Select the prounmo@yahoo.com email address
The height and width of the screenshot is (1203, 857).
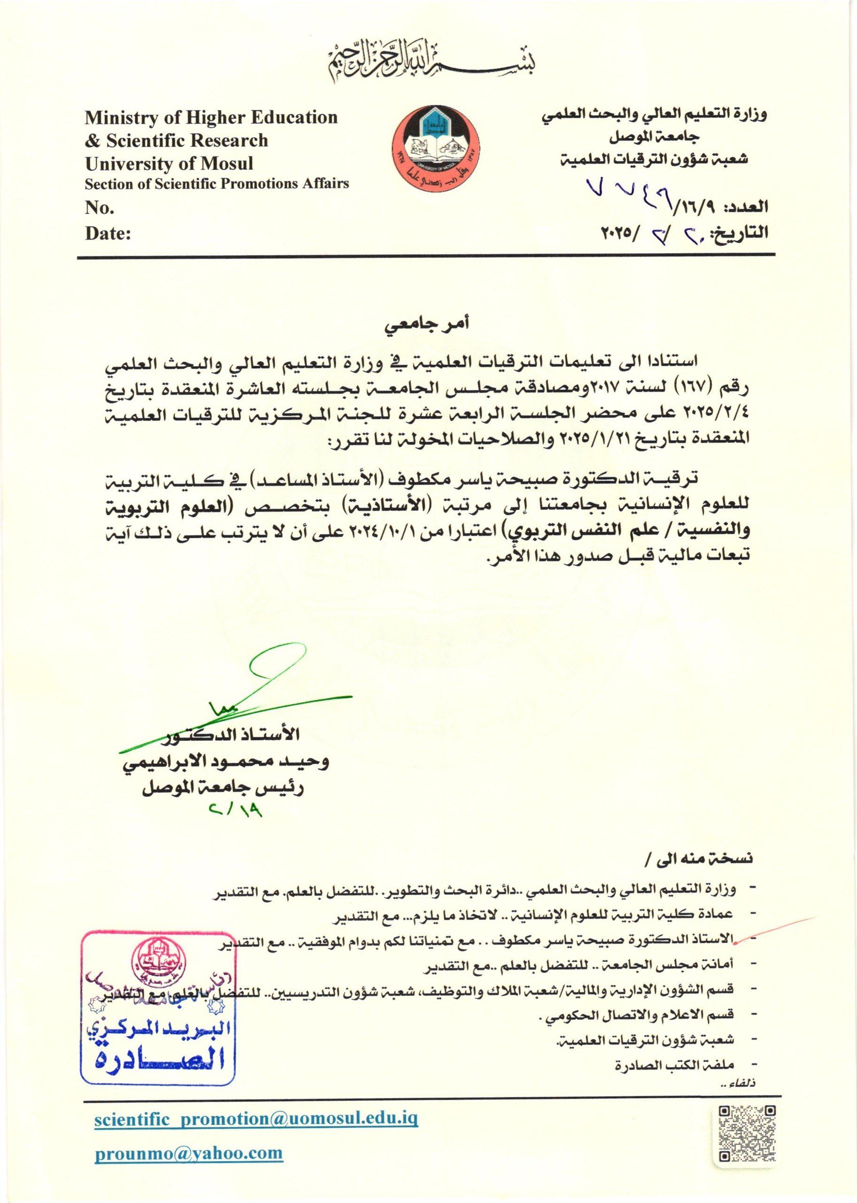(x=188, y=1153)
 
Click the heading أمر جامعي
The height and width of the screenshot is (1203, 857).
(x=427, y=323)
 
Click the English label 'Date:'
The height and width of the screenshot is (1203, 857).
(x=108, y=234)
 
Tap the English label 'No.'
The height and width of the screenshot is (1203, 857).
(x=100, y=208)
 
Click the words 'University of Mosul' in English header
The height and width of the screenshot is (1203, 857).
(x=169, y=164)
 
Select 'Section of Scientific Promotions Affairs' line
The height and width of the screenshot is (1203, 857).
(x=217, y=184)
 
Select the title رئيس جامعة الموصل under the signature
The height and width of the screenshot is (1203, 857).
(x=223, y=788)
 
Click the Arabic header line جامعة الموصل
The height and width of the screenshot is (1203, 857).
(x=654, y=136)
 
